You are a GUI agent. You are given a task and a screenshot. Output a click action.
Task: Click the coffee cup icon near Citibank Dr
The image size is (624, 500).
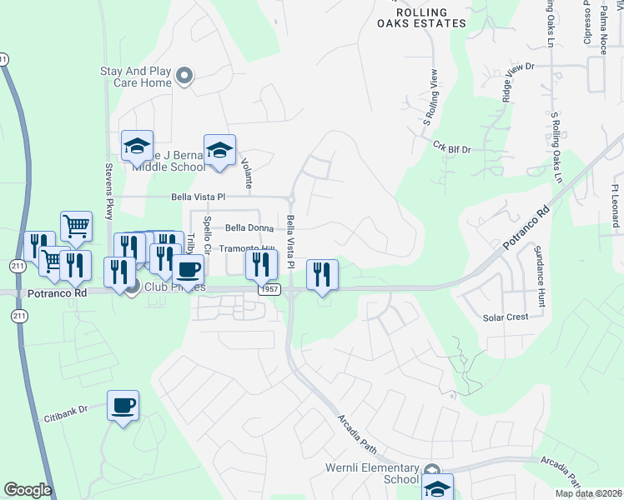pyautogui.click(x=123, y=406)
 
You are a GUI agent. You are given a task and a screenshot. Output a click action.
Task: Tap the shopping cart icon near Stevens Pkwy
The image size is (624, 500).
pyautogui.click(x=76, y=225)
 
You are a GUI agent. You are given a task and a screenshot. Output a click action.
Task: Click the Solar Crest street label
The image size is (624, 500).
pyautogui.click(x=506, y=317)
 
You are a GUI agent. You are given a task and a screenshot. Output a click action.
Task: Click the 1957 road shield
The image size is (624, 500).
pyautogui.click(x=268, y=290)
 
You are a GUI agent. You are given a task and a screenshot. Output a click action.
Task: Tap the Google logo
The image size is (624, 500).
pyautogui.click(x=28, y=490)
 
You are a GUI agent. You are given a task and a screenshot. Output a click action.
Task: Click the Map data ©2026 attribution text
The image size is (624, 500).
pyautogui.click(x=587, y=493)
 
